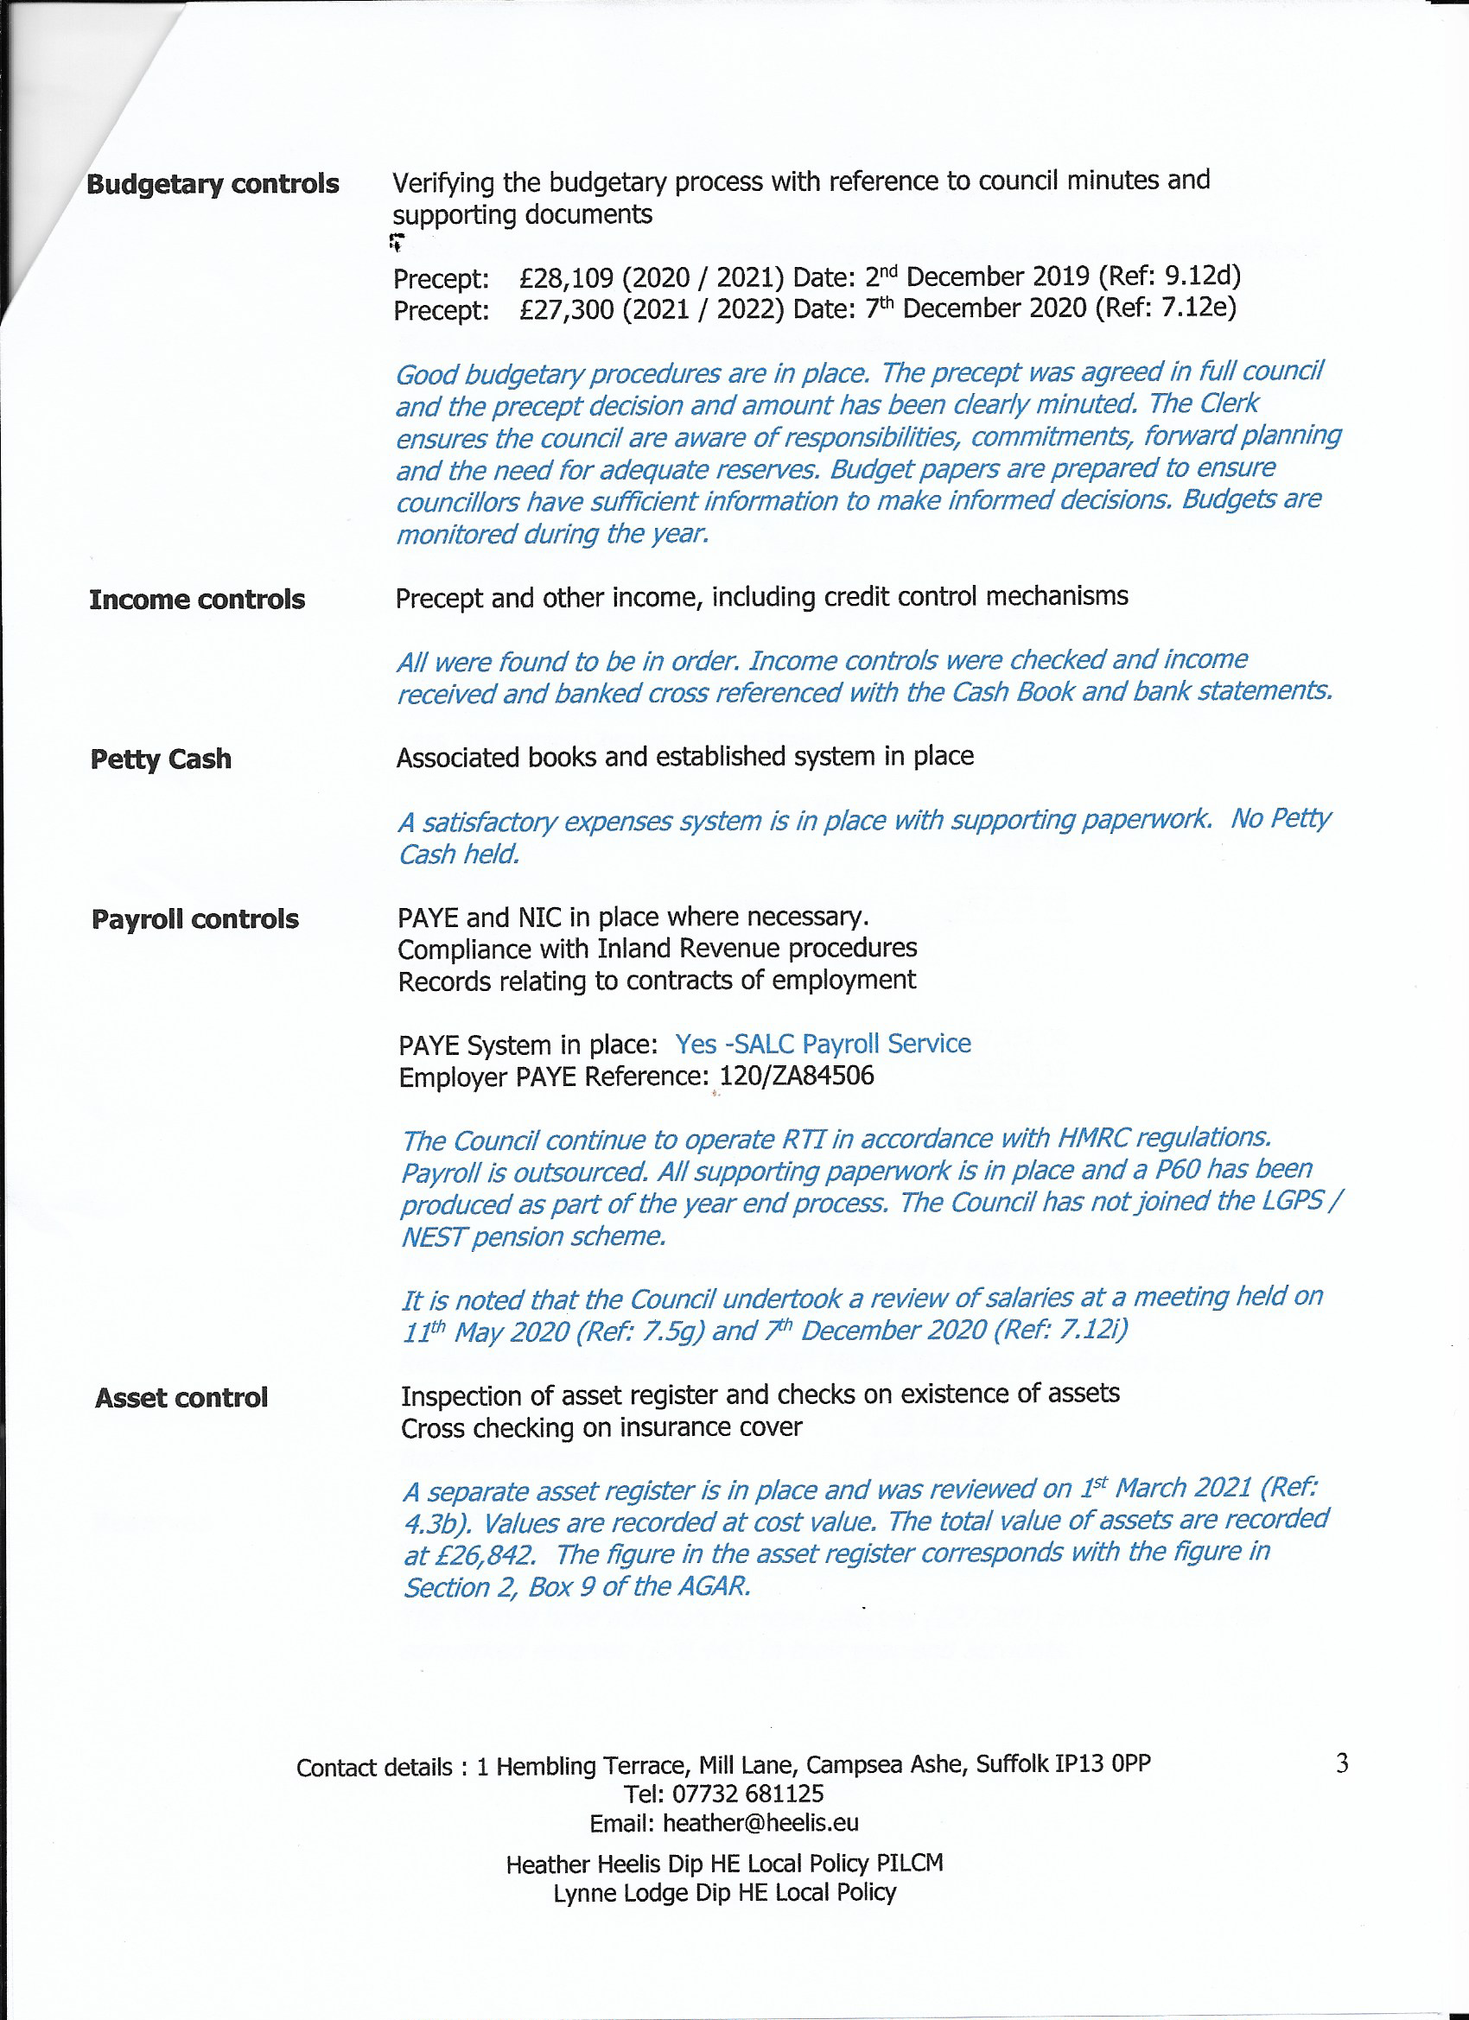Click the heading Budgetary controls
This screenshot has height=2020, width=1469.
(x=212, y=183)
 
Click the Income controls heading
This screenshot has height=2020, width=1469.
(x=197, y=600)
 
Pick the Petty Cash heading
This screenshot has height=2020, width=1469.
(x=162, y=759)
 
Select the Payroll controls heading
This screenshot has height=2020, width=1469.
(x=195, y=919)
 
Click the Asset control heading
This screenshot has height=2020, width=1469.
(x=181, y=1398)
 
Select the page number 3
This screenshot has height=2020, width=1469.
(x=1342, y=1763)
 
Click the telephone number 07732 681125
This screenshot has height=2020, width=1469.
(x=748, y=1794)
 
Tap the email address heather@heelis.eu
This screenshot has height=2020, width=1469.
(x=760, y=1823)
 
